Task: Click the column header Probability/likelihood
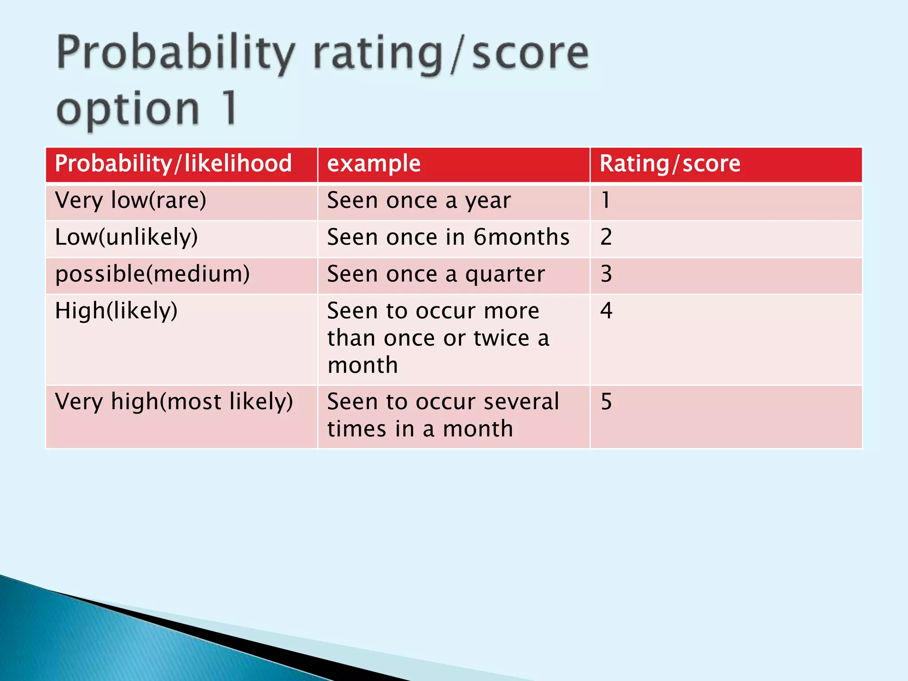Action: coord(173,164)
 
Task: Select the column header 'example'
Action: coord(374,164)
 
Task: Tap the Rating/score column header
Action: coord(670,164)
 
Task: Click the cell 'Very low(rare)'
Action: coord(131,200)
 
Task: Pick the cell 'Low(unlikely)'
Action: coord(126,237)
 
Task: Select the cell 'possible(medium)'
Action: coord(153,274)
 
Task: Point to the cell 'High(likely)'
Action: coord(116,310)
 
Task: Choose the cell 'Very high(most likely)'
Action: coord(174,402)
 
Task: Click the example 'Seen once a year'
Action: coord(419,200)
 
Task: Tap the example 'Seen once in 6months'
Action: coord(448,237)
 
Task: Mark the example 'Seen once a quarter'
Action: coord(436,274)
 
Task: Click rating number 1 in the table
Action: coord(606,200)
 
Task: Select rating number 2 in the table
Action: coord(606,237)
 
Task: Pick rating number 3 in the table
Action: coord(606,274)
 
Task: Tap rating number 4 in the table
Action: coord(606,310)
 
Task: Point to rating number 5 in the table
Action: coord(606,402)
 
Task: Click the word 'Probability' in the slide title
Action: coord(176,54)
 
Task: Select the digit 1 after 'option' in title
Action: coord(230,107)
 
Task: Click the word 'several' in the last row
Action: coord(521,402)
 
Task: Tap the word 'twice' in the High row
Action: coord(501,338)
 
